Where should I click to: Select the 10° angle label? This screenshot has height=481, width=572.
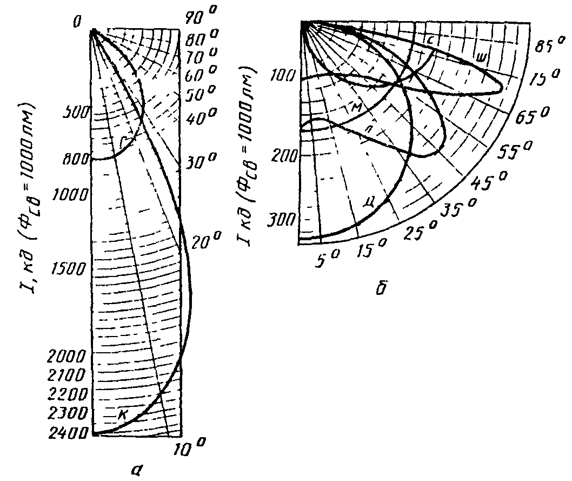tap(192, 448)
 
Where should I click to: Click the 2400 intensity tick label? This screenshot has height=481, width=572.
tap(72, 434)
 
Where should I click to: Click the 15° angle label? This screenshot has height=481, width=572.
tap(371, 249)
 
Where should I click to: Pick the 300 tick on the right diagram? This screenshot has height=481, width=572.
tap(283, 220)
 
